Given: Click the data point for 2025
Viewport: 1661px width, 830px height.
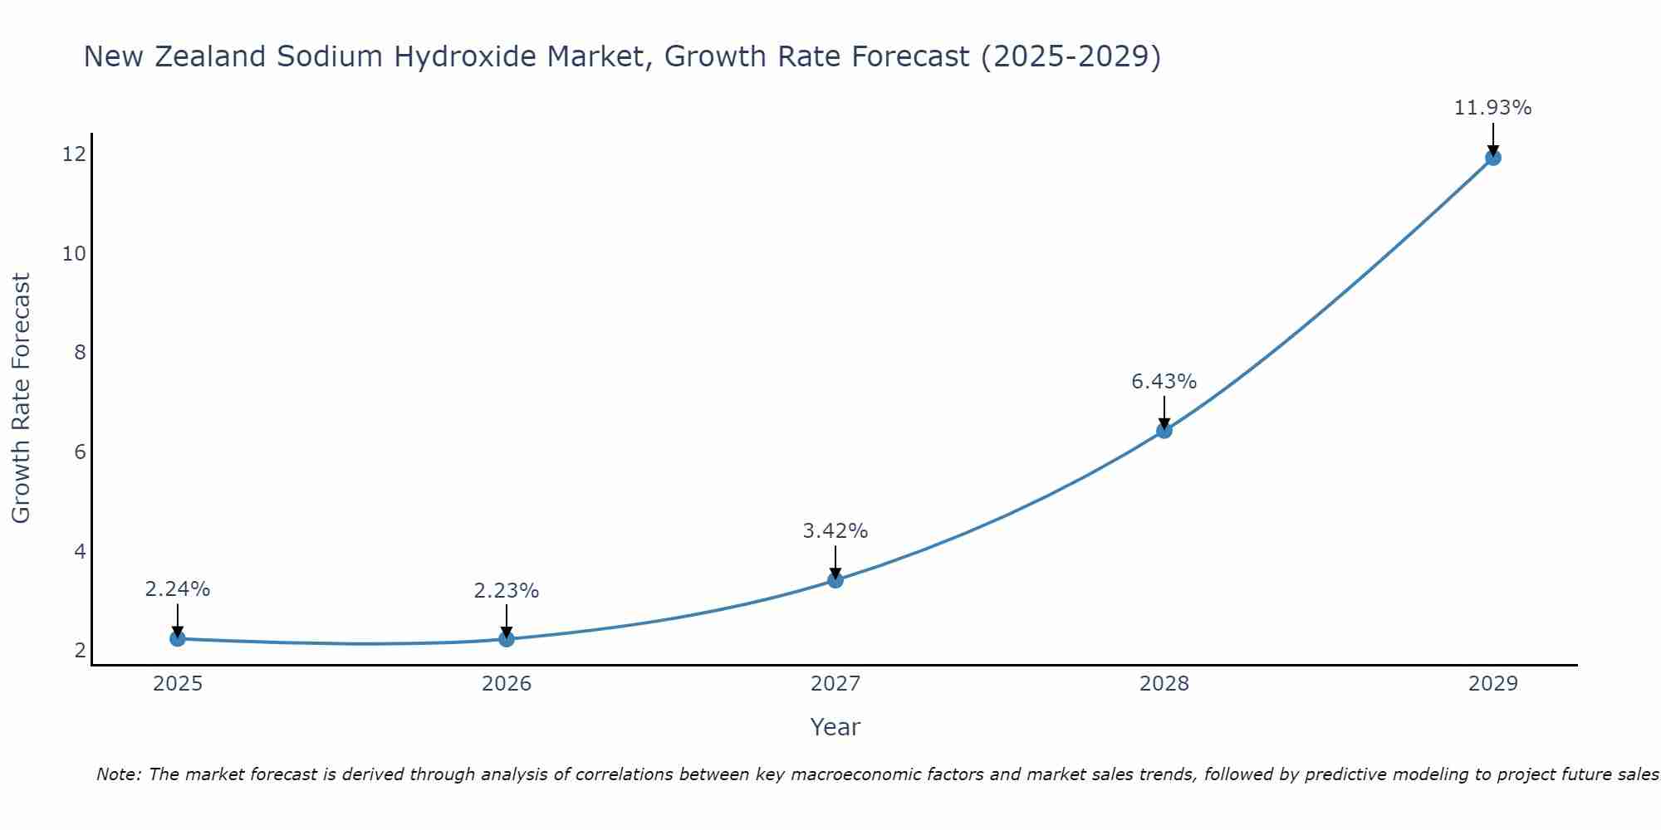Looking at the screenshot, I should [177, 638].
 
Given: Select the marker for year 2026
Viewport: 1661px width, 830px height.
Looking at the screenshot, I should [507, 638].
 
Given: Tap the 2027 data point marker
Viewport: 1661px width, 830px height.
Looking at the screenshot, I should [835, 580].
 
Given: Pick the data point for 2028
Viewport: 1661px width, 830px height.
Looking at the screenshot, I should [1164, 430].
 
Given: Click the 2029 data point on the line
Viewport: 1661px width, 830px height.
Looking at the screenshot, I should [1492, 158].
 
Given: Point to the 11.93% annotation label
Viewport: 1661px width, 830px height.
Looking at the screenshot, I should [1492, 108].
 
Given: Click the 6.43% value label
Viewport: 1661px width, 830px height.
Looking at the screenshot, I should [1164, 382].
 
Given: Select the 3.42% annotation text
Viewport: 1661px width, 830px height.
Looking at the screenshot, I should [835, 531].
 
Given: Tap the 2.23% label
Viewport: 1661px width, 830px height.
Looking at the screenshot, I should [507, 591].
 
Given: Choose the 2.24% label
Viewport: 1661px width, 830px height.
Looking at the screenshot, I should [177, 589].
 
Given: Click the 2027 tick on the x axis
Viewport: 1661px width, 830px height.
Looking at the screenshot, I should [835, 684].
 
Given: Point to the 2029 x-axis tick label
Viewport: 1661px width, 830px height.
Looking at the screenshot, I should [1492, 684].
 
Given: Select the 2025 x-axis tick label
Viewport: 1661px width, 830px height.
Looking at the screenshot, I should [178, 684].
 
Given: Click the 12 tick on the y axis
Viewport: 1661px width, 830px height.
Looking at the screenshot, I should [74, 154].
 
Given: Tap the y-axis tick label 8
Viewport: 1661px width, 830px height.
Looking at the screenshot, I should [80, 353].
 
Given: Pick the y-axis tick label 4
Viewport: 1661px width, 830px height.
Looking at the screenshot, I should [80, 551].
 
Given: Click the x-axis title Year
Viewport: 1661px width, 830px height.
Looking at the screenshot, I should [835, 727].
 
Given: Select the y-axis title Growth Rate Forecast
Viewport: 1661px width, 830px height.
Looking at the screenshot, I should [21, 398].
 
